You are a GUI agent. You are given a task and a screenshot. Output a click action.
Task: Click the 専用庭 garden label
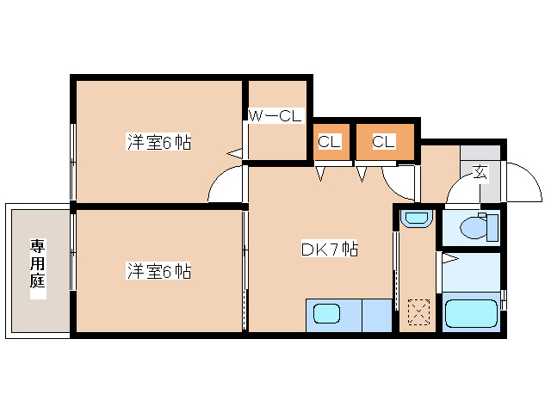pos(38,268)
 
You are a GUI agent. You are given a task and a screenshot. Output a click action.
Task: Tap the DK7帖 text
pos(329,250)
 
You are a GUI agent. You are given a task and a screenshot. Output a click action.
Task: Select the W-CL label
pos(275,115)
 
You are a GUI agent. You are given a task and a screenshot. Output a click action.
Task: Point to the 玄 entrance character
pos(480,172)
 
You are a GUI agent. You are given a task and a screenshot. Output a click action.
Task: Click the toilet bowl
pos(473,228)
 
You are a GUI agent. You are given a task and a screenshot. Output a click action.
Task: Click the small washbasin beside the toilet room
pos(415,219)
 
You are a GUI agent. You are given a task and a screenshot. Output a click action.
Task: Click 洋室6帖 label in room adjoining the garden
pos(159,272)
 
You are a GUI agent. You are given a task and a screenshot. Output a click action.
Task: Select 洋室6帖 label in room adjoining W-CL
pos(159,143)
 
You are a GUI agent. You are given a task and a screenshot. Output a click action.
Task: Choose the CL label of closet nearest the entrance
pos(384,142)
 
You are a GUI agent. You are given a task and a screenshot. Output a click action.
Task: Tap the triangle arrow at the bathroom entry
pos(448,257)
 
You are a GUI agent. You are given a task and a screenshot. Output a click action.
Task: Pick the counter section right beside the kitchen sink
pos(376,315)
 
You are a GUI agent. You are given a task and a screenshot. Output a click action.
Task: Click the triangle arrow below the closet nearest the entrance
pos(362,174)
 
